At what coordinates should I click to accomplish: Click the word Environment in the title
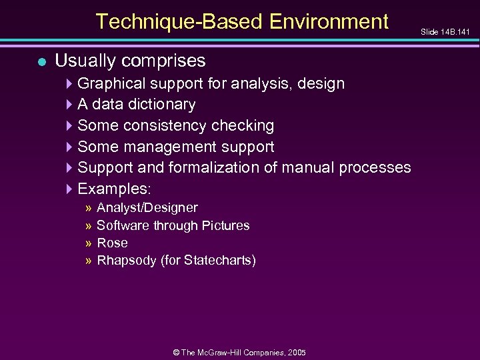(x=329, y=22)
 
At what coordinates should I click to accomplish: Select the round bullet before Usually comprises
(x=41, y=62)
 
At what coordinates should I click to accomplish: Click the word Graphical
(x=111, y=84)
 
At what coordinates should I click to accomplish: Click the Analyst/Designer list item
(x=147, y=208)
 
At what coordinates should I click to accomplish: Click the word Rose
(x=112, y=243)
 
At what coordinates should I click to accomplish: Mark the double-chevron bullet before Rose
(x=89, y=243)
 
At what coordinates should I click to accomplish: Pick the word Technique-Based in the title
(x=179, y=22)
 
